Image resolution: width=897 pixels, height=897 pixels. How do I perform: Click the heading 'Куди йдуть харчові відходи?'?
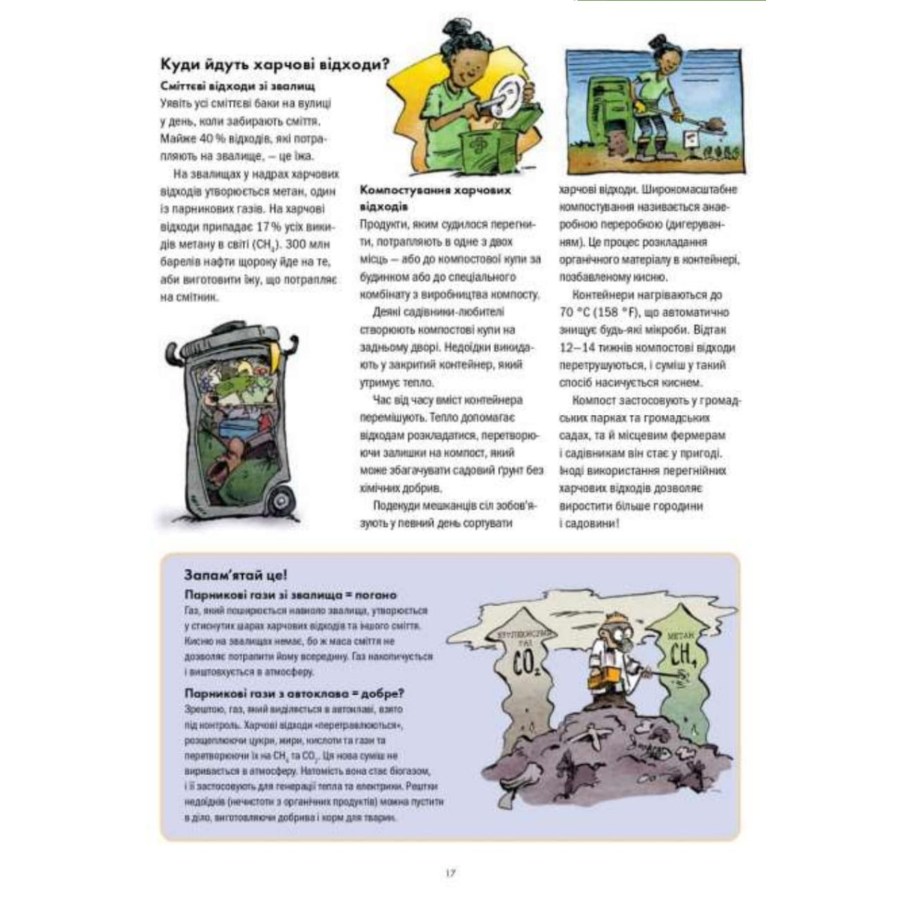point(275,64)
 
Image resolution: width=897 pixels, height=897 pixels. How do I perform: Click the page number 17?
point(449,872)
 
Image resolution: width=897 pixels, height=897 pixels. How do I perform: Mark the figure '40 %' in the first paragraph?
point(199,139)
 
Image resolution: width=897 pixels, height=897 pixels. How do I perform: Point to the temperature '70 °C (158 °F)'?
point(611,312)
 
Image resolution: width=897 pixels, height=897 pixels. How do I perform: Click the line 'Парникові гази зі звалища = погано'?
point(290,595)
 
